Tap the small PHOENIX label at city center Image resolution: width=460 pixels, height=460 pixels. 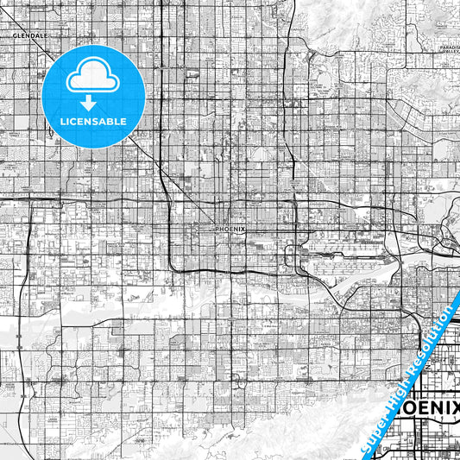230,229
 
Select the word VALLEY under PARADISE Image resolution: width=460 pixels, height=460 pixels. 451,52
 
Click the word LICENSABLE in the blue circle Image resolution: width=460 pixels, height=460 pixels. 93,121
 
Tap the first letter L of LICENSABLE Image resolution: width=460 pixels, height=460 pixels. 62,121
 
